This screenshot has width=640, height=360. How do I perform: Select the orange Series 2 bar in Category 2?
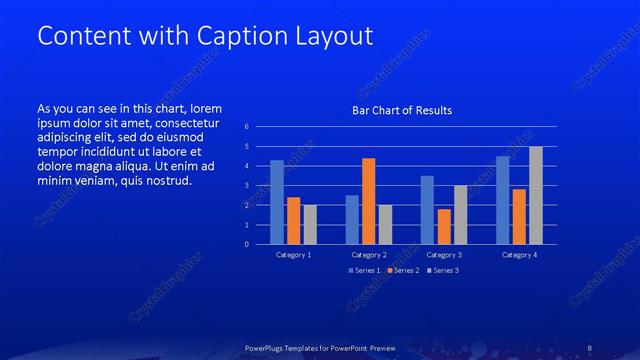click(x=368, y=201)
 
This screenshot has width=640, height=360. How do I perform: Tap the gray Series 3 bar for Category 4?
click(x=536, y=195)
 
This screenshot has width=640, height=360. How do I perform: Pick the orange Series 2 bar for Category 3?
click(x=444, y=227)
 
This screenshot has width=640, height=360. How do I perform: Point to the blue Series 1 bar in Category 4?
click(x=503, y=200)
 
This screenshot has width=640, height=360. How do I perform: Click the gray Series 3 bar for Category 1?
click(x=310, y=225)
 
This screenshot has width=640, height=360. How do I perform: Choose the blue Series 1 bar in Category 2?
click(x=352, y=220)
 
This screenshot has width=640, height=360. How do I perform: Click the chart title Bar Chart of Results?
click(x=402, y=110)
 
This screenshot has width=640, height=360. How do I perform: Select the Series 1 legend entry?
click(x=364, y=270)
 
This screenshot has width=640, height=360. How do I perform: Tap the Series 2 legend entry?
click(x=403, y=270)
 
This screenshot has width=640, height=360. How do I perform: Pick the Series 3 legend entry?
click(x=443, y=270)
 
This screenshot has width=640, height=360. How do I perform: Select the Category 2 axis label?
click(x=369, y=255)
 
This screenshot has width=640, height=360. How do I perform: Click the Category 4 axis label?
click(x=519, y=255)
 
